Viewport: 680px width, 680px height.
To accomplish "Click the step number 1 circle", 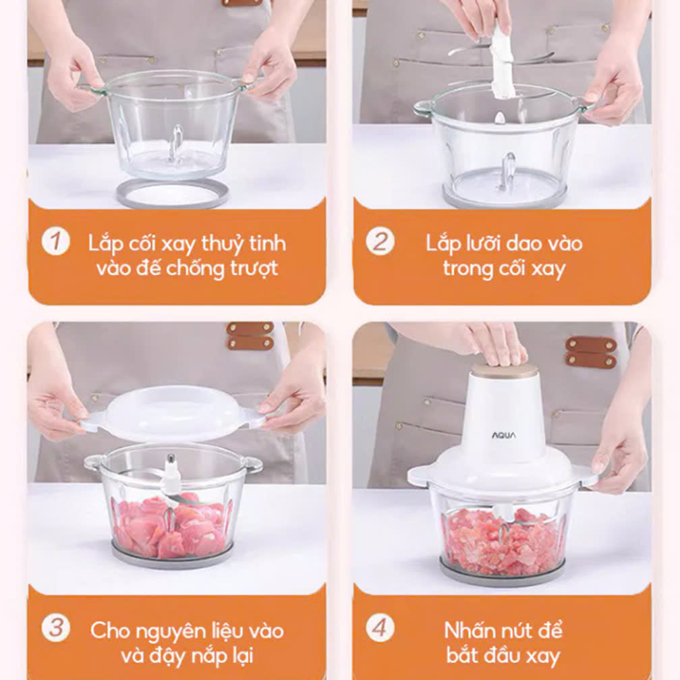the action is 55,241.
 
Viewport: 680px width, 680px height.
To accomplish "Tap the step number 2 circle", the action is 380,241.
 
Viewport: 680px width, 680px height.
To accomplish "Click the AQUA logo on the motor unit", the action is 504,435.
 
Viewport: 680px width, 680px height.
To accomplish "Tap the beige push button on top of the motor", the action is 505,370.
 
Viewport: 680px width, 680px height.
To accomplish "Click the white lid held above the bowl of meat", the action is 173,414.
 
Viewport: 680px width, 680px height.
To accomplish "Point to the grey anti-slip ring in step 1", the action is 172,194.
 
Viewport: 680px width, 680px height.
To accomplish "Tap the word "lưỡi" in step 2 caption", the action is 482,243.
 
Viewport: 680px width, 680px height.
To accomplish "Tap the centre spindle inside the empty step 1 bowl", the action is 177,145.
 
